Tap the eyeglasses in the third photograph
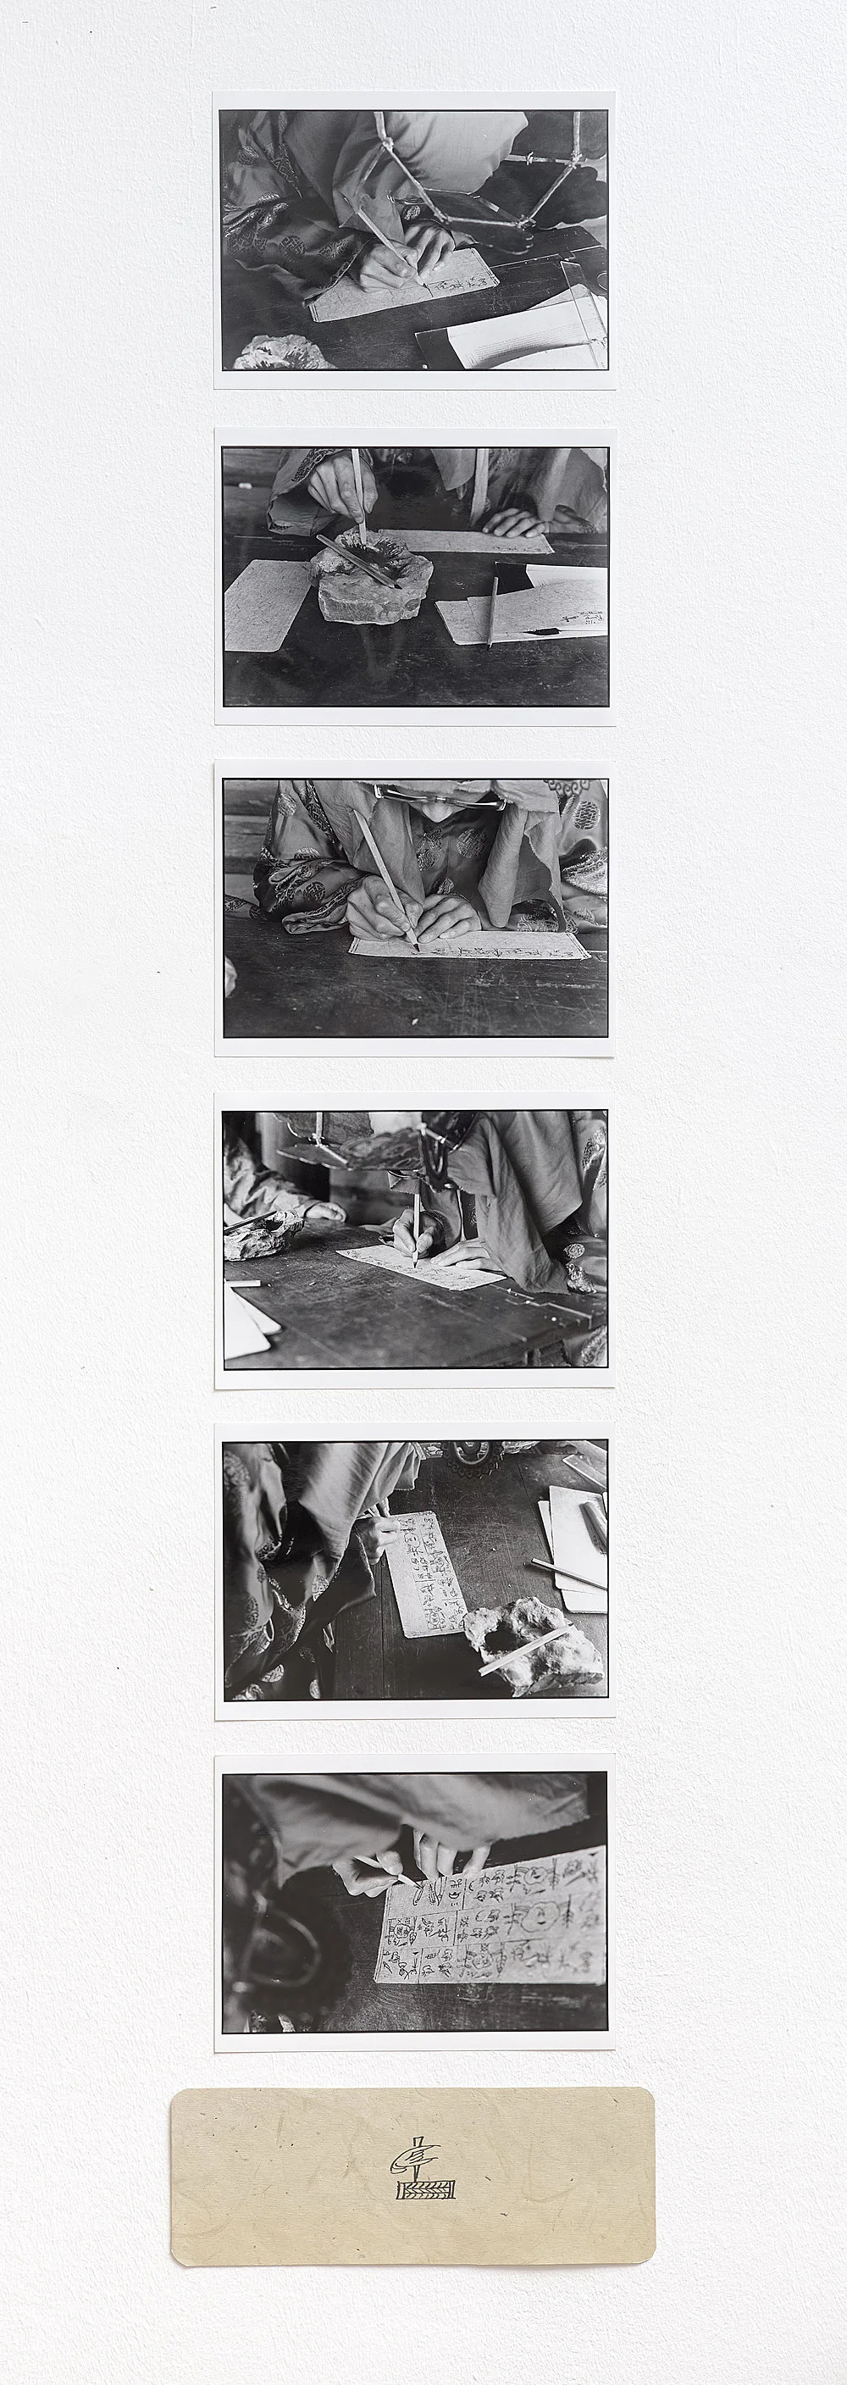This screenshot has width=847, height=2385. coord(440,795)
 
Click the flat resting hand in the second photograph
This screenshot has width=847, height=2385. coord(515,523)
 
